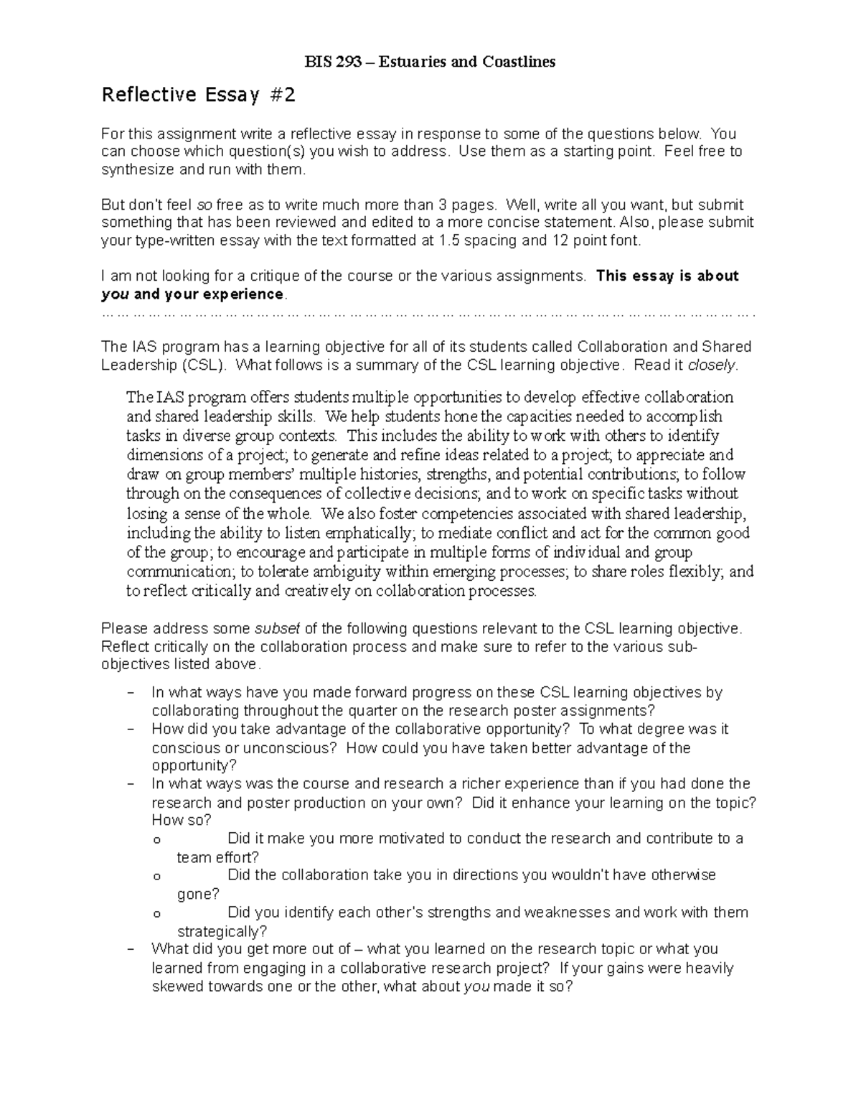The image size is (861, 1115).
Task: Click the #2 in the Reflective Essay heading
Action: point(280,95)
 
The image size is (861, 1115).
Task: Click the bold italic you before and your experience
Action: point(116,294)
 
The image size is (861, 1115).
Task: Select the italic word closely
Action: point(711,365)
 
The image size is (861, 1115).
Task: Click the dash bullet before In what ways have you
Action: point(130,693)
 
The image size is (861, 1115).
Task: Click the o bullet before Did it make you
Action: point(157,839)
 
